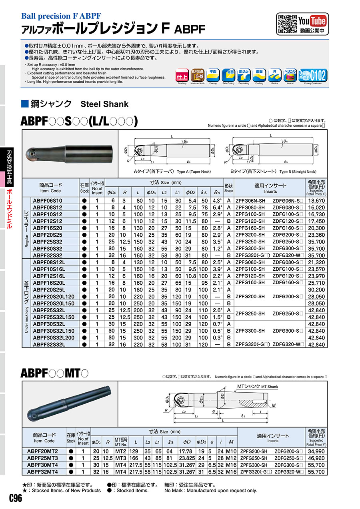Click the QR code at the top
pos(285,22)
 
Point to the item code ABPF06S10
pos(48,200)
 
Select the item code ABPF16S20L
pos(49,283)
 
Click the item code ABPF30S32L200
pos(54,337)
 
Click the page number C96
pos(15,498)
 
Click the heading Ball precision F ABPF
pos(61,16)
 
